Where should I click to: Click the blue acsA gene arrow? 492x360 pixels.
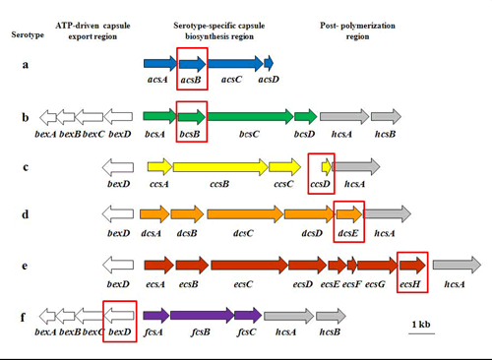click(158, 64)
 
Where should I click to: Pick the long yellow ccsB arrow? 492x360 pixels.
click(219, 167)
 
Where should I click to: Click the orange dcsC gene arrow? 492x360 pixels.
click(242, 213)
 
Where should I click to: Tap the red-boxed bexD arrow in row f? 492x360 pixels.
click(118, 318)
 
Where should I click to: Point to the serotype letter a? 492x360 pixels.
click(25, 65)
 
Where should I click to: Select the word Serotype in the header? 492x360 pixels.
click(27, 33)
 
